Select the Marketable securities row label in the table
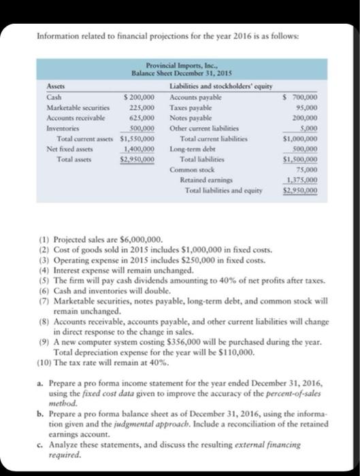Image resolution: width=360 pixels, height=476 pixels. click(x=61, y=107)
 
